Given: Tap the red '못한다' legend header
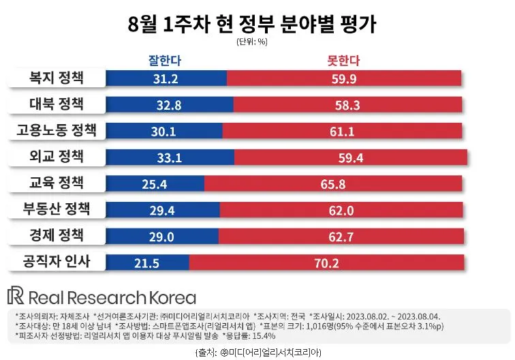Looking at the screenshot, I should tap(343, 61).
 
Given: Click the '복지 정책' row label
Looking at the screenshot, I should tap(57, 78).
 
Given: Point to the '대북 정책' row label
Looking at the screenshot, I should tap(57, 104).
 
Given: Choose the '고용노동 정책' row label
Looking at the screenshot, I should tap(57, 130).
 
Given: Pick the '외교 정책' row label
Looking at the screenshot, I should tap(57, 156).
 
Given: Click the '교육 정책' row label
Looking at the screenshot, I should tap(57, 183).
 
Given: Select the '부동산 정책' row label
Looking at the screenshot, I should tap(57, 209).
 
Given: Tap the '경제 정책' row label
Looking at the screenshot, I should tap(57, 235).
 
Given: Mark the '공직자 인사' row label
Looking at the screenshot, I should tap(57, 261).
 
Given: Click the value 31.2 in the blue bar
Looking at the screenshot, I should tap(166, 79).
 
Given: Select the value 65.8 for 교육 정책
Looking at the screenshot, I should tap(334, 183).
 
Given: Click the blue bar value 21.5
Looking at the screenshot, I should tap(148, 262).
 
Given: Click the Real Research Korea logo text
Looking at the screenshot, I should tap(102, 297).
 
